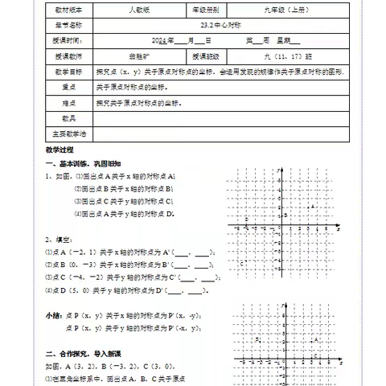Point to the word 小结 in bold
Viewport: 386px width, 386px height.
(x=53, y=314)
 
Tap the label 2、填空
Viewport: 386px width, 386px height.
(x=58, y=239)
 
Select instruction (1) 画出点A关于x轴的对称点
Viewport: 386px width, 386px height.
(x=124, y=176)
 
